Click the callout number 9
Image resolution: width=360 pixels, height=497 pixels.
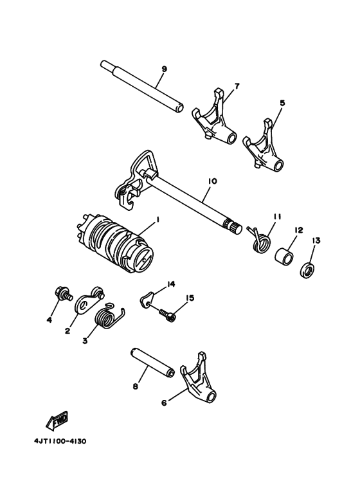point(164,69)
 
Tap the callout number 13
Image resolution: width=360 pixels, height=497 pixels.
point(316,240)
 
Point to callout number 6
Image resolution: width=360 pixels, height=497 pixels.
point(165,402)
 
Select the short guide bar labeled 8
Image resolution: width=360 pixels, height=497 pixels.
point(152,365)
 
